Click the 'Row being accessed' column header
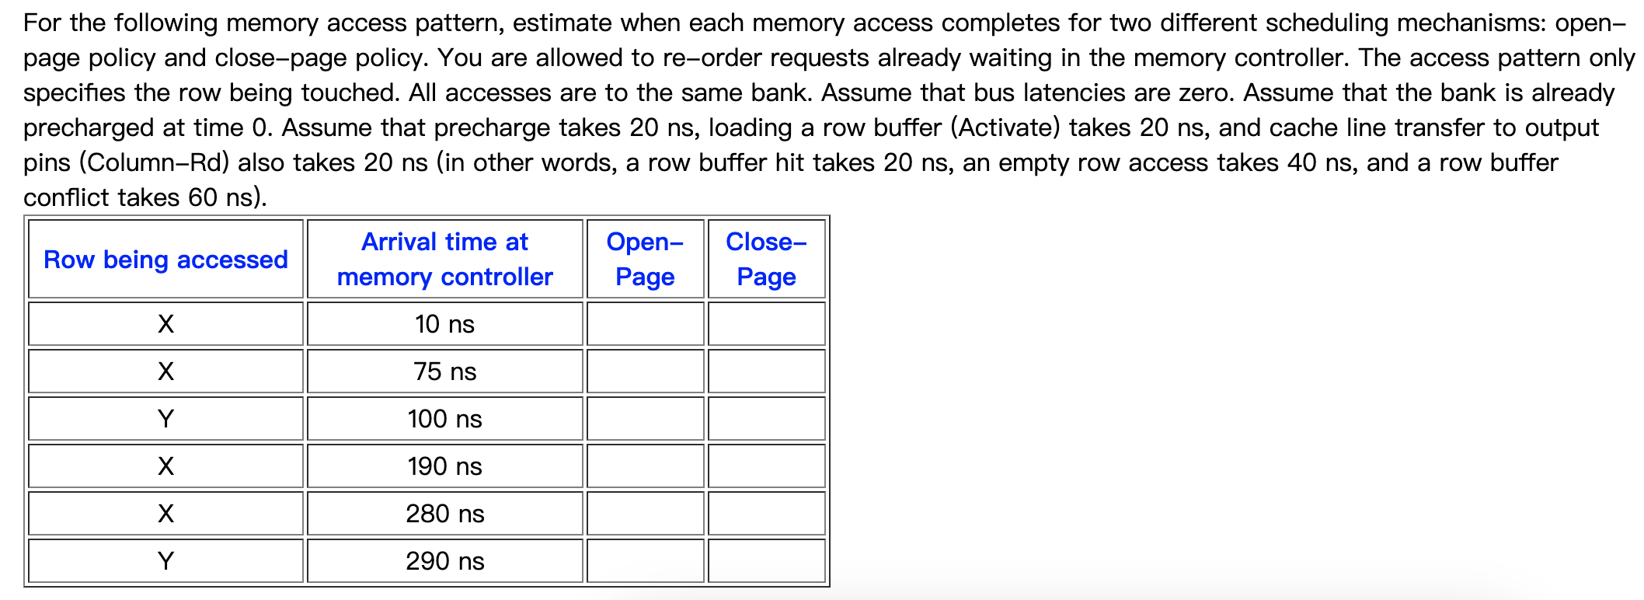(x=165, y=260)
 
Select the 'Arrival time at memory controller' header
(x=444, y=260)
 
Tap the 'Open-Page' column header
(x=645, y=260)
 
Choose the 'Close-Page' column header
(x=766, y=260)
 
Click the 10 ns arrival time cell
(x=444, y=324)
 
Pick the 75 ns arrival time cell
(x=444, y=372)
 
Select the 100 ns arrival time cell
(x=444, y=419)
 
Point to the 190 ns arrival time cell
(x=444, y=466)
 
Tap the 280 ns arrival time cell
(x=444, y=514)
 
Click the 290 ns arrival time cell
(x=444, y=561)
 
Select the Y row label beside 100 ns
(x=165, y=419)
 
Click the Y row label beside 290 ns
(x=165, y=561)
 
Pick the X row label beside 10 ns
(x=165, y=324)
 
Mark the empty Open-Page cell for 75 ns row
(x=645, y=372)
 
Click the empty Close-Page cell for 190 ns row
(x=766, y=466)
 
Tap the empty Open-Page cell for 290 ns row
(x=645, y=561)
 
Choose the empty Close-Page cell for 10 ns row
(x=766, y=324)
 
